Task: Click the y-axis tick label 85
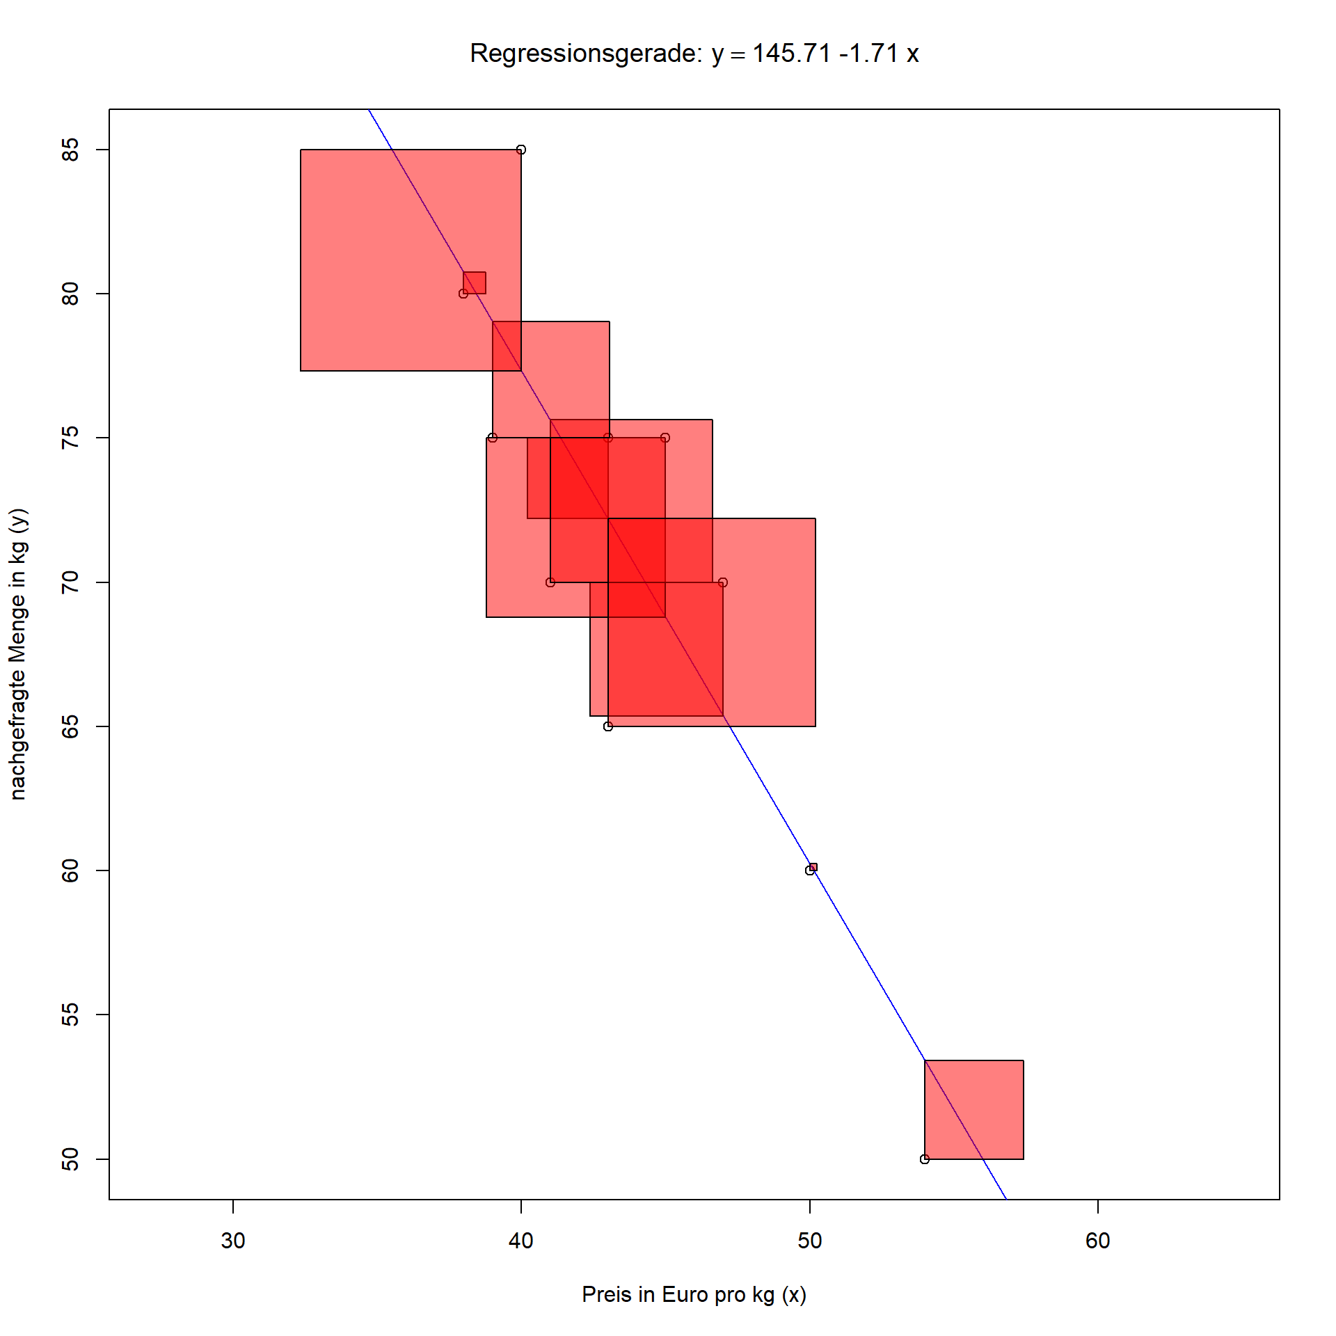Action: [70, 150]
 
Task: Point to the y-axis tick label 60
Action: [70, 870]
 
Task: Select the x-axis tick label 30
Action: [233, 1241]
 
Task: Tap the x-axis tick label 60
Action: [1097, 1241]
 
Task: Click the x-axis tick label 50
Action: [809, 1241]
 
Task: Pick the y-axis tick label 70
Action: [70, 582]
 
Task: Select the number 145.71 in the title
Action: [791, 54]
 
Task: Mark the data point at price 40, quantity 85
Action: [521, 150]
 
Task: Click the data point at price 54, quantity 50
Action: [925, 1159]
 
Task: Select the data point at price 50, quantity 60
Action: [809, 870]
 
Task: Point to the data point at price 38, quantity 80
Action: [463, 294]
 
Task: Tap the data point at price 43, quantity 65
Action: [608, 726]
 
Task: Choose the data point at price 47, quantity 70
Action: [723, 582]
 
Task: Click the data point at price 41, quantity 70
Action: [550, 582]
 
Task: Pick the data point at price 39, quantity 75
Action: [493, 438]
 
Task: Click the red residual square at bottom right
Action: [974, 1110]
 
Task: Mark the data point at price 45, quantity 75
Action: [665, 438]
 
